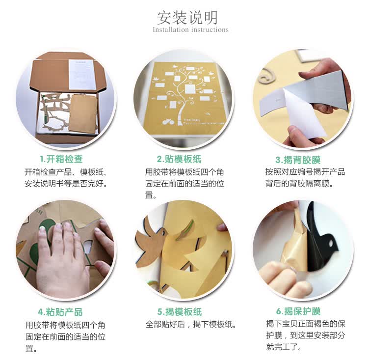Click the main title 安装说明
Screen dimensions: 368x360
coord(187,18)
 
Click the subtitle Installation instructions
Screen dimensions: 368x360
coord(190,30)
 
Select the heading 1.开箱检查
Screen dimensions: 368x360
coord(61,159)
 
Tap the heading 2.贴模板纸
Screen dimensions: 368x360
coord(179,159)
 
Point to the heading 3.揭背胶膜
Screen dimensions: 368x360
coord(298,160)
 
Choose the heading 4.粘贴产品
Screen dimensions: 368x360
coord(60,312)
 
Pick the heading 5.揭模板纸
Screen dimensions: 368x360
coord(180,312)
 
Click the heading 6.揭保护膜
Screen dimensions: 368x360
coord(298,311)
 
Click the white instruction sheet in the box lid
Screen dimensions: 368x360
coord(81,75)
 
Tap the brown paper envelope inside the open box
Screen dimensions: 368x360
coord(83,113)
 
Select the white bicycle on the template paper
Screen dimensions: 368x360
coord(168,121)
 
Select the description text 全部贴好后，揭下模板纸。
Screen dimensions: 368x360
coord(190,324)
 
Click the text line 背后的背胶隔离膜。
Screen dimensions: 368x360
coord(299,183)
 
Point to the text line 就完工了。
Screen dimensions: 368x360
coord(284,347)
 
